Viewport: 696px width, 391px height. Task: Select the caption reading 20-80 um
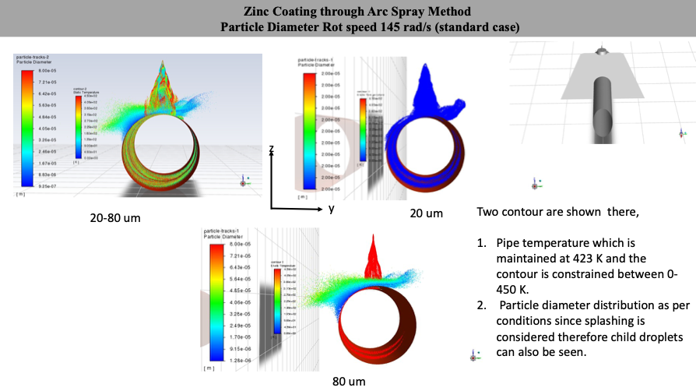click(115, 218)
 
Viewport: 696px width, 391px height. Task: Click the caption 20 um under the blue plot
click(425, 213)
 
